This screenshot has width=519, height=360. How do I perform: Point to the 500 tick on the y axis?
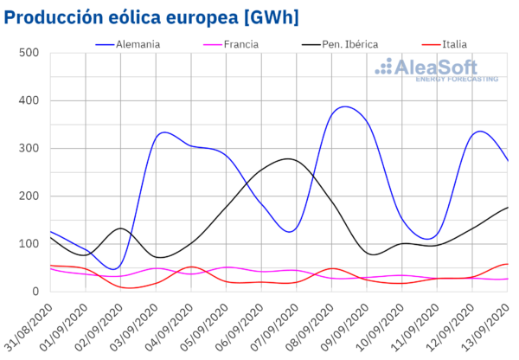[x=30, y=53]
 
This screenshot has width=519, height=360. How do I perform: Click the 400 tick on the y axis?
[x=30, y=100]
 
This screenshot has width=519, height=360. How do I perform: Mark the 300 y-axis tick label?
[x=30, y=148]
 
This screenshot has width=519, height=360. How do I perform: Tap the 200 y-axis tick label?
[x=30, y=196]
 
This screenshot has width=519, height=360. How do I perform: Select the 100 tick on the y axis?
[x=30, y=243]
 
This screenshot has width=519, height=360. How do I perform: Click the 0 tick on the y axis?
[x=37, y=292]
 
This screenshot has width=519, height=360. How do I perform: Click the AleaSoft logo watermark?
[x=441, y=69]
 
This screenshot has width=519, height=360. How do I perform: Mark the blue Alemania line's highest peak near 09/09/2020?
[x=345, y=106]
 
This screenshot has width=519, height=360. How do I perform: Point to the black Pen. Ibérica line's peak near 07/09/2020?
[x=287, y=158]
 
